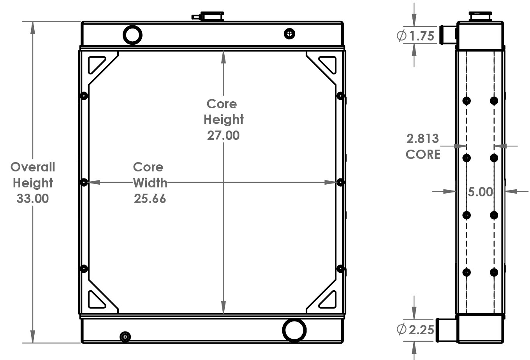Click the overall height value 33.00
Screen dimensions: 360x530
coord(33,198)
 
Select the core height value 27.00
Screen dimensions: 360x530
coord(223,135)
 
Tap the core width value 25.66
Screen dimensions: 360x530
coord(150,198)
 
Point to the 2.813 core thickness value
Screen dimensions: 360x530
coord(423,138)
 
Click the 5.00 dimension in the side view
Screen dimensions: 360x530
coord(480,192)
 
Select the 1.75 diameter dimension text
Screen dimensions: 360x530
coord(421,36)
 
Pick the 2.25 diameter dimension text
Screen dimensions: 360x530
coord(421,330)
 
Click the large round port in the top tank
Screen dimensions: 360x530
coord(132,35)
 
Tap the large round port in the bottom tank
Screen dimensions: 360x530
coord(294,330)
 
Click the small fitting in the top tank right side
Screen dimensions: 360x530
coord(289,34)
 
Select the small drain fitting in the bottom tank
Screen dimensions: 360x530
coord(125,337)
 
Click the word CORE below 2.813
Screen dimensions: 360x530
coord(423,155)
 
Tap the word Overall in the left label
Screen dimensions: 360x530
coord(33,167)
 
